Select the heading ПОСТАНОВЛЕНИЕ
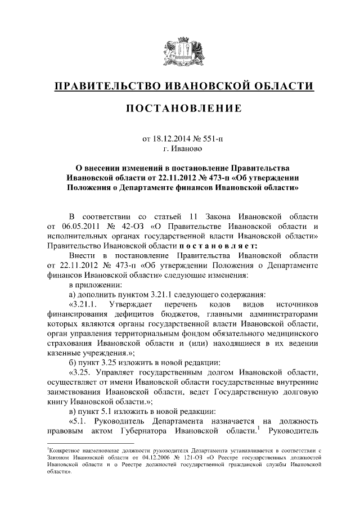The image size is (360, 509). coord(179,109)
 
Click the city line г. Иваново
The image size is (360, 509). coord(179,148)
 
